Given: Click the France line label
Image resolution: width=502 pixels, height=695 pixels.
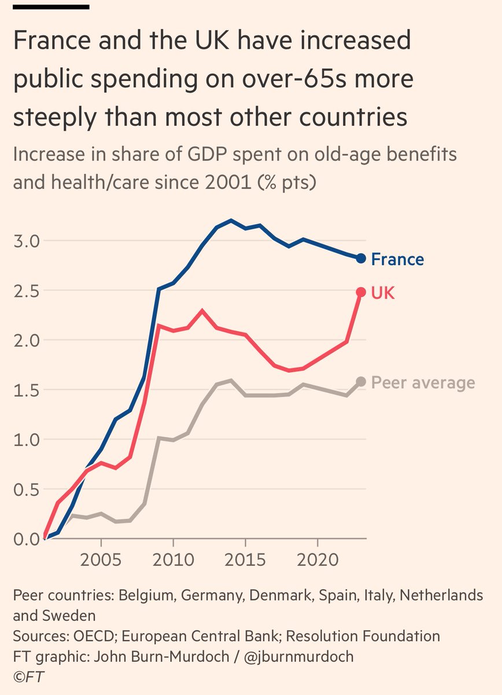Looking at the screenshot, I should (397, 259).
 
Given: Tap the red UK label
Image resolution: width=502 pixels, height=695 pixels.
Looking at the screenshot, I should (383, 292).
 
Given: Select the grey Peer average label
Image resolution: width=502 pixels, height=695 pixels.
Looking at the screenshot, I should (423, 382).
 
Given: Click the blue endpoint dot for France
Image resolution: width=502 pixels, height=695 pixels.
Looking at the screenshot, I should (361, 258).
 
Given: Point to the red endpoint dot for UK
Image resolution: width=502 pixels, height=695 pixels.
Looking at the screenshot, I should (361, 292).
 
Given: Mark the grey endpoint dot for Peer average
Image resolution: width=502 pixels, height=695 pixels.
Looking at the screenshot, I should (361, 381).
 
